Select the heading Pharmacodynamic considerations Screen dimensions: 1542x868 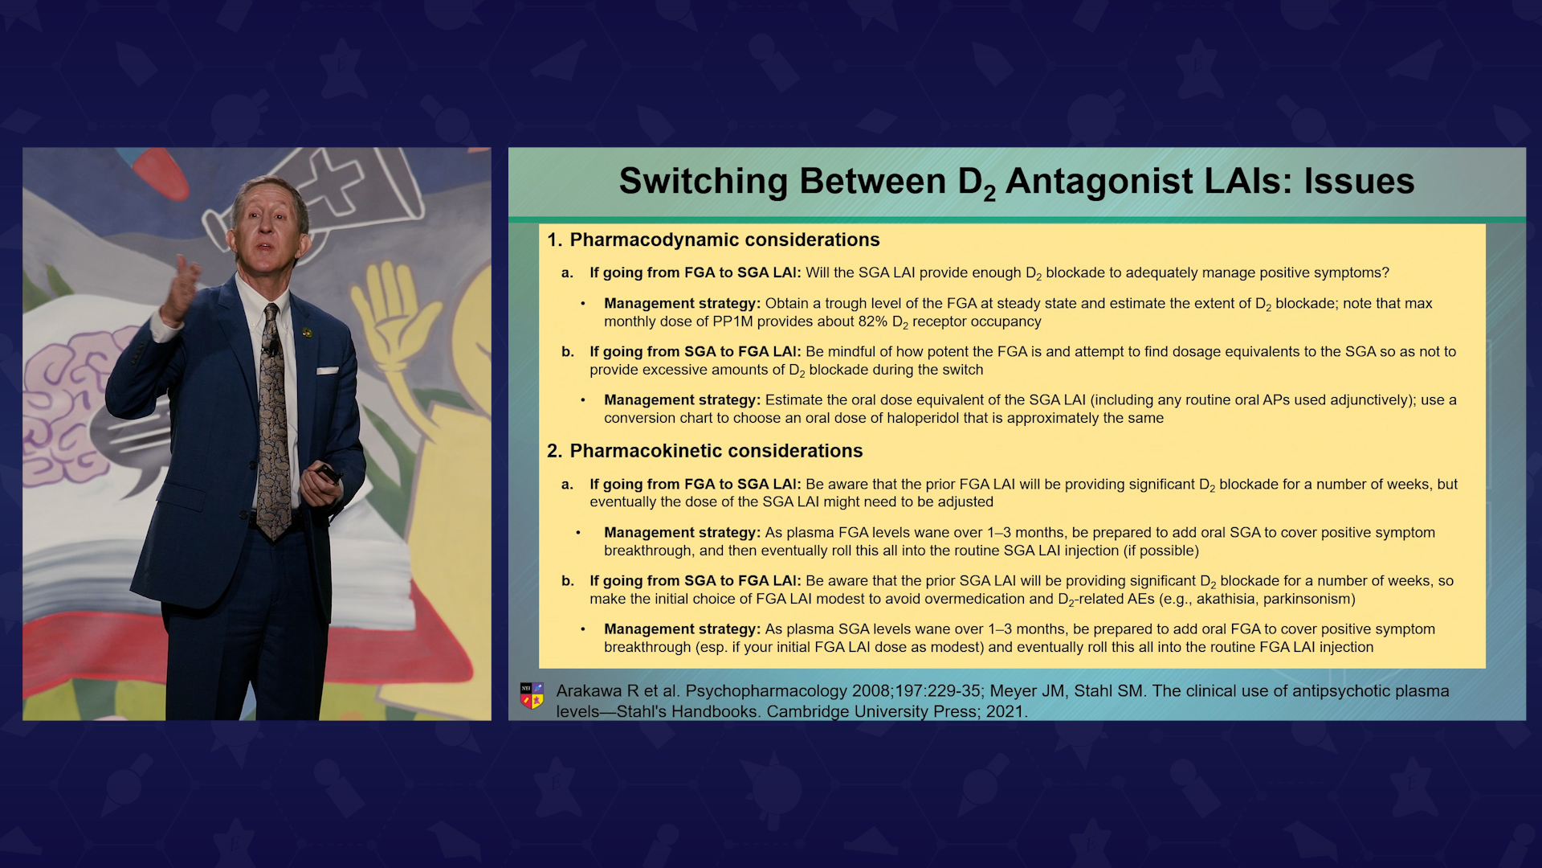coord(724,240)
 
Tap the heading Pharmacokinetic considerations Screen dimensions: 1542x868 coord(716,451)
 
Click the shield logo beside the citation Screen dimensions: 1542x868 coord(532,696)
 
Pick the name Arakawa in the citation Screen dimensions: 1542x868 coord(589,691)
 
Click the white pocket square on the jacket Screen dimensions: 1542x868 coord(327,371)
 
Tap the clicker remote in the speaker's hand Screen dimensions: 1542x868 coord(328,473)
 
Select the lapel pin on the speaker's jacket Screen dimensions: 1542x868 coord(307,332)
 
